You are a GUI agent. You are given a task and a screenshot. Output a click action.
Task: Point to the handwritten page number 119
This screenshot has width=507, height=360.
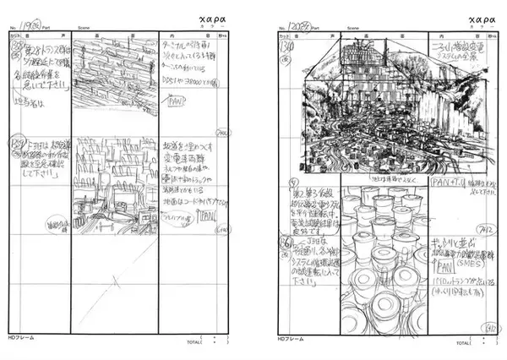click(x=34, y=26)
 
